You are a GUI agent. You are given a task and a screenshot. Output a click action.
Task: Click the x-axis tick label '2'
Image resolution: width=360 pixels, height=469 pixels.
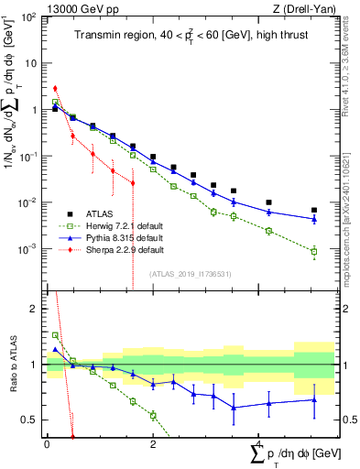point(153,443)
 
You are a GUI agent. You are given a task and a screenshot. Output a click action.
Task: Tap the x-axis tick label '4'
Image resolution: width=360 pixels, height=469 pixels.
point(259,443)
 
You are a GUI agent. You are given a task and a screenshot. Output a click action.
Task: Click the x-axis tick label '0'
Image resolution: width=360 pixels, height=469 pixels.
point(47,443)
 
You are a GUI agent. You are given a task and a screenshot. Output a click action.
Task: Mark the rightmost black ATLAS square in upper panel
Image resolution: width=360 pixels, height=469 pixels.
point(313,210)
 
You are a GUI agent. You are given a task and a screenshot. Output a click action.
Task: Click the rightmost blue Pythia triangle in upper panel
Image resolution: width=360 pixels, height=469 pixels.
point(313,219)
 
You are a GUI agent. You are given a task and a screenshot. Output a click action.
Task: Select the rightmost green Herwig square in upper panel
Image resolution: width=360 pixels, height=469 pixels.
point(313,251)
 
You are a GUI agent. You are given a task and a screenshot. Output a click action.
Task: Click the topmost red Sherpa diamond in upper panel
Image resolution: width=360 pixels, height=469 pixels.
point(55,89)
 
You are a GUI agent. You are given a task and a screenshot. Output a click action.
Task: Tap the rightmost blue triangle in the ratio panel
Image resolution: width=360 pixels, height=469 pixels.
point(313,399)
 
